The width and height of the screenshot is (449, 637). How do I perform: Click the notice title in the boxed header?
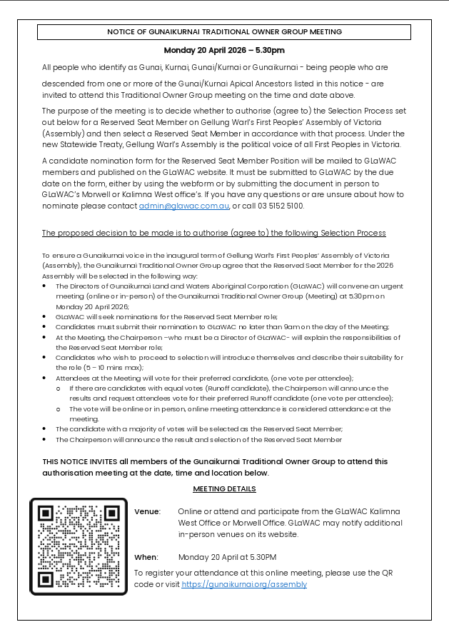tap(224, 32)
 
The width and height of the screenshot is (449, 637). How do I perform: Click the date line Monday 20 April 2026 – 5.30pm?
tap(224, 51)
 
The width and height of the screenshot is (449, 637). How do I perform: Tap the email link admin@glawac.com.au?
tap(184, 206)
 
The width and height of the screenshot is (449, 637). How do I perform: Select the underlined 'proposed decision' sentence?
tap(213, 234)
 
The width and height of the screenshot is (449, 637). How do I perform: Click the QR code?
tap(79, 546)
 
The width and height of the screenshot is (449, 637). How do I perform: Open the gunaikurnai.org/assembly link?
tap(244, 584)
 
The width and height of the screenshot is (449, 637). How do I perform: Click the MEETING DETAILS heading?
tap(224, 489)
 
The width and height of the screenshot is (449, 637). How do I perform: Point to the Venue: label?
tap(147, 512)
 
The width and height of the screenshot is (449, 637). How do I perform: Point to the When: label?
tap(146, 557)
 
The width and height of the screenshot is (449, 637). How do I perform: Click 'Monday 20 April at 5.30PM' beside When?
tap(227, 557)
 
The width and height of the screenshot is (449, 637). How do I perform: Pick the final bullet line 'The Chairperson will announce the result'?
tap(198, 440)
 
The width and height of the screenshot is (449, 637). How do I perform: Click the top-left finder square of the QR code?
tap(47, 515)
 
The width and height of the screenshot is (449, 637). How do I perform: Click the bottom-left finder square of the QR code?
tap(47, 578)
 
